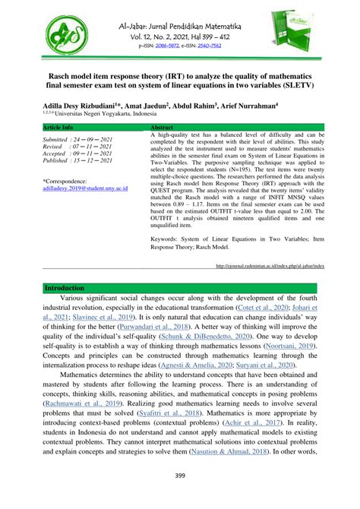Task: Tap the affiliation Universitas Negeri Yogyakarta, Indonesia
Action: pyautogui.click(x=106, y=116)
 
